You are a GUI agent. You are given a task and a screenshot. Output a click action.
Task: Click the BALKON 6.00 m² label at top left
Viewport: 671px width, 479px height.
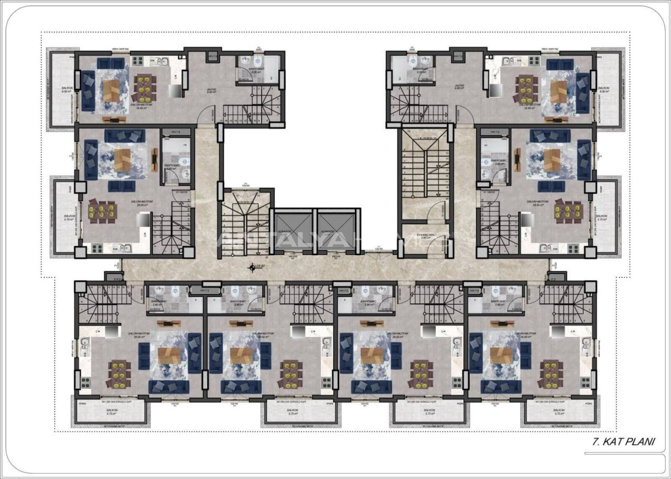click(67, 90)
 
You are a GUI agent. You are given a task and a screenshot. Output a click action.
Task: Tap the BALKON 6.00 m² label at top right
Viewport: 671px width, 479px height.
click(604, 90)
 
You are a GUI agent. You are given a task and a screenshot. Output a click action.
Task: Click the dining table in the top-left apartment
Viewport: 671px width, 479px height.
click(146, 88)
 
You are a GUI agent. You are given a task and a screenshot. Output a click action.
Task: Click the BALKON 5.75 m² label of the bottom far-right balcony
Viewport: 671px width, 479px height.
click(559, 412)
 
